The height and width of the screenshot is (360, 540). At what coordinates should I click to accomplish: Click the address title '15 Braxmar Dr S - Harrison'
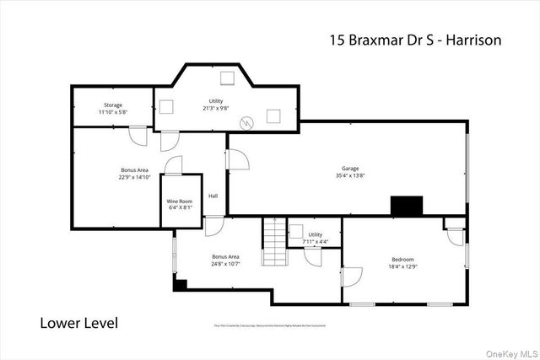tap(413, 39)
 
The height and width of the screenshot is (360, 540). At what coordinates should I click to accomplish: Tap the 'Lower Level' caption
tap(79, 323)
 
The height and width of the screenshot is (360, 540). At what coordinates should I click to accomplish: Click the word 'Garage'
tap(349, 168)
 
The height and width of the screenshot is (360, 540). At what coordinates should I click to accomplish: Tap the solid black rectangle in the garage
tap(406, 206)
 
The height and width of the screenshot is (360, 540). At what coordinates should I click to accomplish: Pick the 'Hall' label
tap(213, 197)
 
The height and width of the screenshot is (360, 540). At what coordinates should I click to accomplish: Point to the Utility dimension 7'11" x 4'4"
tap(316, 242)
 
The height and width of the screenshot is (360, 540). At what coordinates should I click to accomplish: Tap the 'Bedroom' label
tap(402, 259)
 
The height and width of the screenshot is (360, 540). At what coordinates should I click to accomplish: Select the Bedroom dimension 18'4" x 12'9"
tap(402, 266)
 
